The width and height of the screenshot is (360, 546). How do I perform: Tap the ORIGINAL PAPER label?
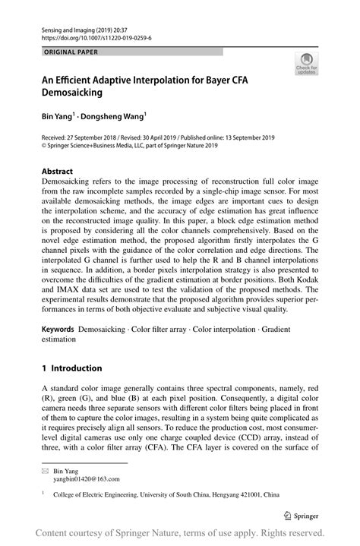(71, 52)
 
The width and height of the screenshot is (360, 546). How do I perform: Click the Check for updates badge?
(306, 65)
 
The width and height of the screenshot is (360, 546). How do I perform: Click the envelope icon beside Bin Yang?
(44, 471)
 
